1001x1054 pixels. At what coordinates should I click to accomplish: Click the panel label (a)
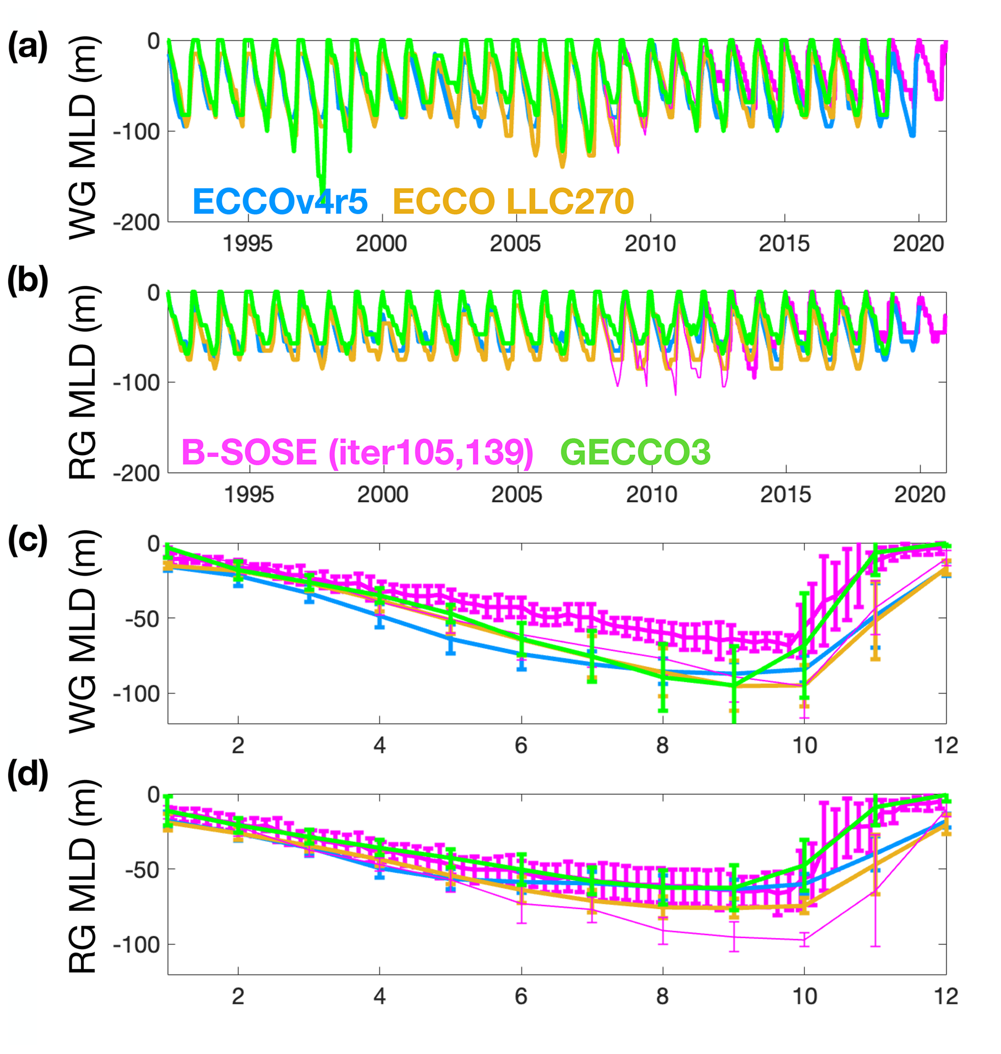point(27,47)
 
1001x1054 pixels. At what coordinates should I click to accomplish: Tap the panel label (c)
point(27,540)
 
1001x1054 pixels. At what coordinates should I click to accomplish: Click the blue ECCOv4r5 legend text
point(280,201)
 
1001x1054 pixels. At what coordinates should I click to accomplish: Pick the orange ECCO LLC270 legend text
point(513,201)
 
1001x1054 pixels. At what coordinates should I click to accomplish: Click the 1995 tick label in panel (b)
point(248,495)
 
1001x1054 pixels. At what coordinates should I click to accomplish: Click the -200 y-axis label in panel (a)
point(137,222)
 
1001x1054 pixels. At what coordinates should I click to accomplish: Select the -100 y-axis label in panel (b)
point(137,382)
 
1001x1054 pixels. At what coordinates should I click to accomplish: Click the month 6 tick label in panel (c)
point(521,746)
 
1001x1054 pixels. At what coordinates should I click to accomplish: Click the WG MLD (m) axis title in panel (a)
point(83,137)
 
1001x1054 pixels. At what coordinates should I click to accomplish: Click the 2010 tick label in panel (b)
point(651,495)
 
